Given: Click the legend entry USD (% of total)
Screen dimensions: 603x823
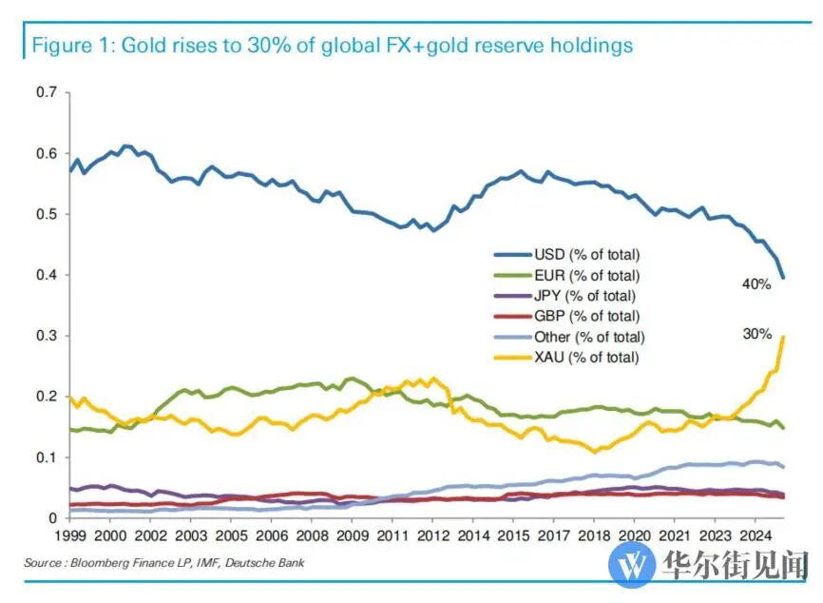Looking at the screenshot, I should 587,254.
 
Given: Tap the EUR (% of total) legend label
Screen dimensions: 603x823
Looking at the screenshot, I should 587,275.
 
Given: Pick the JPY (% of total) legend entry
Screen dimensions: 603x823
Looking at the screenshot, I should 585,296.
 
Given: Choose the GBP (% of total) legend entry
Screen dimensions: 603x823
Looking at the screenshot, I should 587,316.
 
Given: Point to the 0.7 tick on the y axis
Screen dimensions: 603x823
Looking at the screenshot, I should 47,92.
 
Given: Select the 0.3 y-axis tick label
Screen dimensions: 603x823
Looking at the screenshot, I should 47,336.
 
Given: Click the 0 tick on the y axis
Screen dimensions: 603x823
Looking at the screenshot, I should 54,518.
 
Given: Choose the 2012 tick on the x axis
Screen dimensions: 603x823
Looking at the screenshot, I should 432,537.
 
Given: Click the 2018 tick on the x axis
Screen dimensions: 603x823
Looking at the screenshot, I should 594,537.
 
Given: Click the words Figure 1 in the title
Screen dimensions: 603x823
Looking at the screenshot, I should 67,45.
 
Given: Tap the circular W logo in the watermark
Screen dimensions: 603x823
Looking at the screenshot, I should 632,564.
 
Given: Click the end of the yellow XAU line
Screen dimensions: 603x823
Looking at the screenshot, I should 782,337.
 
